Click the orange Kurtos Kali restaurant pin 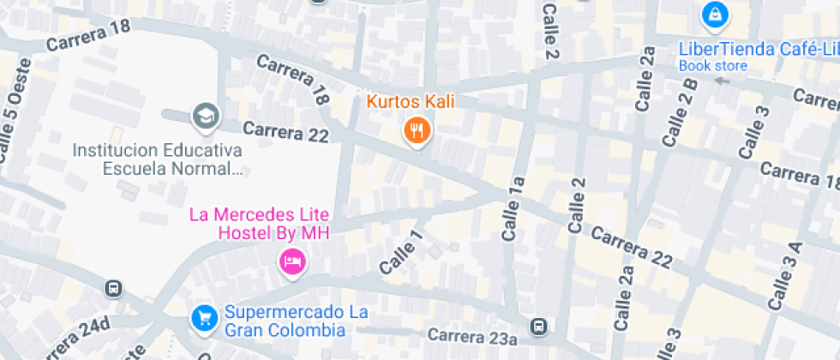point(417,130)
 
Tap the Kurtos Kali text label point(411,102)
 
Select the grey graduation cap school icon point(206,116)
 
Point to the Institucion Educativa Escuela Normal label point(157,159)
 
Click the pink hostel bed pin point(292,261)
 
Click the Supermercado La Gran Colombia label point(296,321)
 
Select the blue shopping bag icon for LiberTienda point(713,15)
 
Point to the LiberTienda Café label point(758,49)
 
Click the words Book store point(713,66)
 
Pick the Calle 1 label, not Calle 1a point(402,253)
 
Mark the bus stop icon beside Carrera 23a point(538,327)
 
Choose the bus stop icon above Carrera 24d point(113,289)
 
